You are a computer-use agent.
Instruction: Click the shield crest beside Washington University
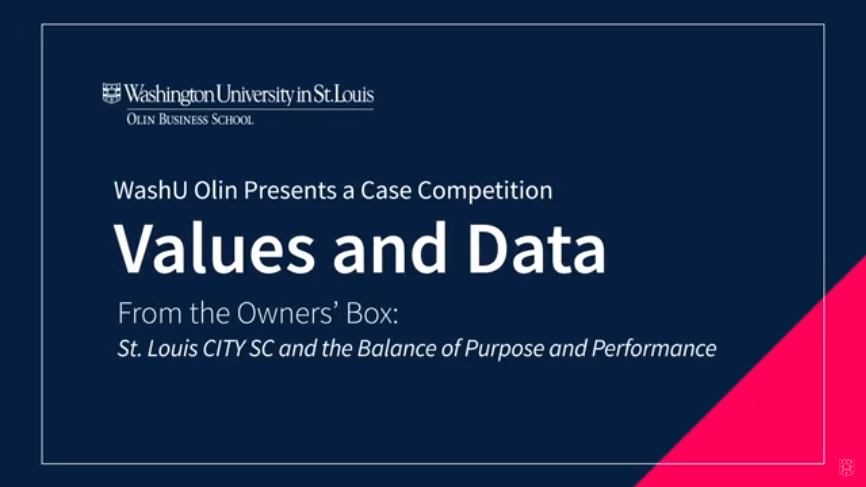point(111,93)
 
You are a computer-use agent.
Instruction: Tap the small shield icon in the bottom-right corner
point(846,467)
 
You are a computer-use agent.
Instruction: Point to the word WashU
point(151,190)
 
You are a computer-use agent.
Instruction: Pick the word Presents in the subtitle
point(290,190)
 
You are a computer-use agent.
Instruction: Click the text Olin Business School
point(190,120)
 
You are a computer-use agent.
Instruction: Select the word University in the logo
point(255,94)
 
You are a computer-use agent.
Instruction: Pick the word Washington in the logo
point(169,94)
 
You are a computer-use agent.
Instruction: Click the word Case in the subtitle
point(386,190)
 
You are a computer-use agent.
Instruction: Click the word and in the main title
point(389,248)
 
